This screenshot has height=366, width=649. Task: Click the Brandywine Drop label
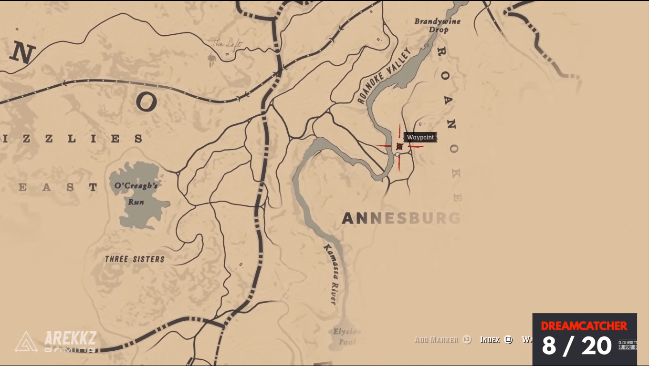pyautogui.click(x=431, y=25)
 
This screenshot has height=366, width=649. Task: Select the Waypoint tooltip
pyautogui.click(x=420, y=137)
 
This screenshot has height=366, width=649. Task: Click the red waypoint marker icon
pyautogui.click(x=399, y=147)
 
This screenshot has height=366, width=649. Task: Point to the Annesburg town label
pyautogui.click(x=401, y=218)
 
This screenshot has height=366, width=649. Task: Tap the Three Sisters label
pyautogui.click(x=135, y=259)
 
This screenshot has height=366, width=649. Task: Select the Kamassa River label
pyautogui.click(x=330, y=274)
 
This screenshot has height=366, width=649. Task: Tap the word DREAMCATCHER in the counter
pyautogui.click(x=584, y=326)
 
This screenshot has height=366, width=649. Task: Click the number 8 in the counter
pyautogui.click(x=549, y=346)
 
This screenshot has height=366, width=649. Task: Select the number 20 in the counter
pyautogui.click(x=595, y=346)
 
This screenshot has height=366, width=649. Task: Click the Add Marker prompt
pyautogui.click(x=436, y=340)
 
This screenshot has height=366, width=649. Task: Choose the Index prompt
pyautogui.click(x=490, y=340)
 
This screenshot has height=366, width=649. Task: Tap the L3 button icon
pyautogui.click(x=467, y=340)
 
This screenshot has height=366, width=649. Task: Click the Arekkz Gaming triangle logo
pyautogui.click(x=26, y=342)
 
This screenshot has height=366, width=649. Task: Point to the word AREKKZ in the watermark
pyautogui.click(x=70, y=338)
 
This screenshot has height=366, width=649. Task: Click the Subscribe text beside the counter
pyautogui.click(x=628, y=345)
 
